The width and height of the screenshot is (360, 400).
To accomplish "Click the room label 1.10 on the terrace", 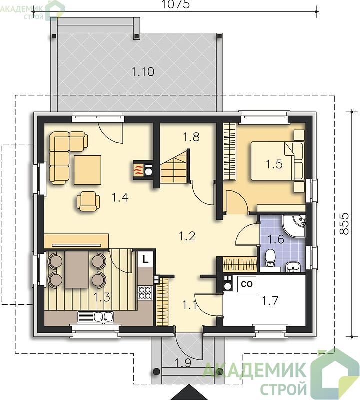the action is click(143, 72).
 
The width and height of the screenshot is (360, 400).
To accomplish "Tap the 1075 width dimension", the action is click(176, 4).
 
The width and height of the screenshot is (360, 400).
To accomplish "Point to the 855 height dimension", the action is click(344, 223).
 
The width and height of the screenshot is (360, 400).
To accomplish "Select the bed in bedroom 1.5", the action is click(277, 161).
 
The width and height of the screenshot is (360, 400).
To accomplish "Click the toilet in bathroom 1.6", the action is click(270, 257).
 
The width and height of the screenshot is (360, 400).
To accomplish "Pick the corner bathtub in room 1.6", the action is click(294, 226).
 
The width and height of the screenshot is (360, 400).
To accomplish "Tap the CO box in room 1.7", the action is click(246, 284).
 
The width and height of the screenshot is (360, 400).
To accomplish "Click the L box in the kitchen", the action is click(145, 259).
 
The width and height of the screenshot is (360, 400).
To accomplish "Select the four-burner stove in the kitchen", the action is click(145, 293).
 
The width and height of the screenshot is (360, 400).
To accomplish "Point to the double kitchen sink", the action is click(95, 317).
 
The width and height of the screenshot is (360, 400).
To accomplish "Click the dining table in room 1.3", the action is click(77, 269).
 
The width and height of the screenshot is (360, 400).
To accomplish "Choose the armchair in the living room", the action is click(88, 201).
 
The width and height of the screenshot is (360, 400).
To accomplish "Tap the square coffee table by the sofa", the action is click(88, 170).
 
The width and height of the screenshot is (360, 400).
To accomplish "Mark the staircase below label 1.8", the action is click(175, 166).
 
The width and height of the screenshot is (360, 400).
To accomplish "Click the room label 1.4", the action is click(120, 197).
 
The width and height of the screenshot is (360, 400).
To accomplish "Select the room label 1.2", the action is click(187, 236).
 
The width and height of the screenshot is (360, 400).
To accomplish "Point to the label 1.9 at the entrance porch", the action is click(183, 363).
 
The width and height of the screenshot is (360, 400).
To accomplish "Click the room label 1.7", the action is click(270, 301).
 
